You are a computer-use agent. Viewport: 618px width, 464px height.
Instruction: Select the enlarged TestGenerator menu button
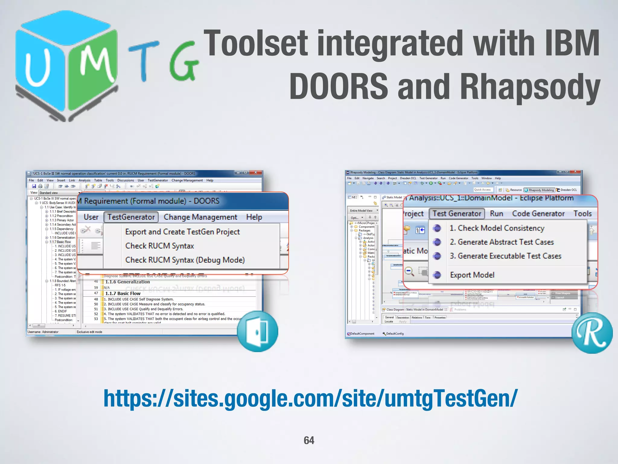pyautogui.click(x=131, y=217)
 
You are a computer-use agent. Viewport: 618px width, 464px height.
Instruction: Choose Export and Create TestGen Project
pyautogui.click(x=182, y=232)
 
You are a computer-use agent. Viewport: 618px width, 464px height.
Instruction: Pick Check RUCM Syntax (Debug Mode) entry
pyautogui.click(x=185, y=260)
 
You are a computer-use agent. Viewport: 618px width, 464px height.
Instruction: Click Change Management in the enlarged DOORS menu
pyautogui.click(x=200, y=217)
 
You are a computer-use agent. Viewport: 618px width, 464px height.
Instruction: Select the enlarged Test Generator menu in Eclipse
pyautogui.click(x=457, y=214)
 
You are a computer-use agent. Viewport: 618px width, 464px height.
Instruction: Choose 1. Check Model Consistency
pyautogui.click(x=497, y=228)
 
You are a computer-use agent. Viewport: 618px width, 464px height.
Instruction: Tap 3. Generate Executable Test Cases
pyautogui.click(x=505, y=256)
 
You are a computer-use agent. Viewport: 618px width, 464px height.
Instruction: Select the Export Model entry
pyautogui.click(x=472, y=275)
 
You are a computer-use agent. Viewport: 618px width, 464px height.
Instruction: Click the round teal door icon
pyautogui.click(x=257, y=331)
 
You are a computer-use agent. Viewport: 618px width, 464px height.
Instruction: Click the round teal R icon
pyautogui.click(x=592, y=333)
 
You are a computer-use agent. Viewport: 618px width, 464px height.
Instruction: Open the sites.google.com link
pyautogui.click(x=310, y=399)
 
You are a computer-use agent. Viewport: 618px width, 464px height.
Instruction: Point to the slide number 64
pyautogui.click(x=309, y=440)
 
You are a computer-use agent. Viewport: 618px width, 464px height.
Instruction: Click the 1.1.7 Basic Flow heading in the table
pyautogui.click(x=123, y=293)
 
